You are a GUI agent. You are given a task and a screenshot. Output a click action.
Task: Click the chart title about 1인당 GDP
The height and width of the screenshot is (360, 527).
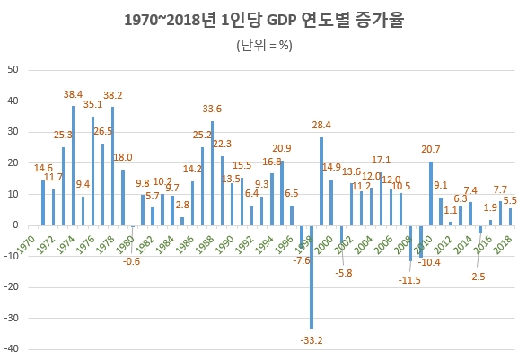[x=263, y=19]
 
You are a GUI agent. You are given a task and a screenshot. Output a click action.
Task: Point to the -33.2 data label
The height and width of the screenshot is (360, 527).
[x=311, y=339]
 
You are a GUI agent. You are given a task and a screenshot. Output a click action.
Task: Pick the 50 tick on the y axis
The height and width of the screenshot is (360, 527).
[x=13, y=69]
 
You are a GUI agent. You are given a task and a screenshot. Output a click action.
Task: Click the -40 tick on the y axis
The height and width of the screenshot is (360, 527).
[x=13, y=350]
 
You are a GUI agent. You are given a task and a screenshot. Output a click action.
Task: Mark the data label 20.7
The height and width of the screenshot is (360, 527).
[x=430, y=150]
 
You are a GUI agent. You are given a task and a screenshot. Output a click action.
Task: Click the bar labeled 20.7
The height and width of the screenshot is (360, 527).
[x=431, y=193]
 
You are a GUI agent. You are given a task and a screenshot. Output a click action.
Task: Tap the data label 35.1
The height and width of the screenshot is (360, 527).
[x=92, y=105]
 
